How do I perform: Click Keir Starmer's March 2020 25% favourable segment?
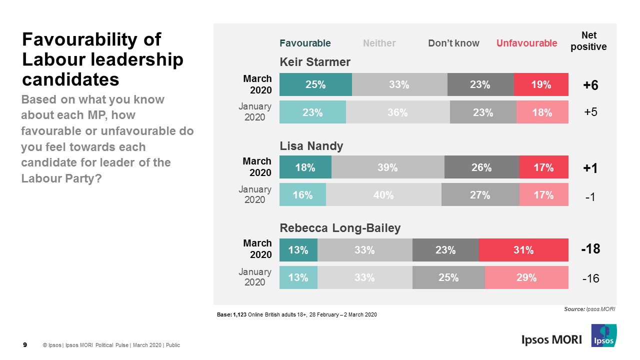[315, 84]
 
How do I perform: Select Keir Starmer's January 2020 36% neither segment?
[397, 112]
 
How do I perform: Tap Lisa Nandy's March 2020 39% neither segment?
[387, 167]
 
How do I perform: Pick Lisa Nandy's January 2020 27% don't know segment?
[480, 195]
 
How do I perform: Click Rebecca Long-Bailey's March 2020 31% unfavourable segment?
[523, 250]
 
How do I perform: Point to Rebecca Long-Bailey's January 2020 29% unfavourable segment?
[526, 277]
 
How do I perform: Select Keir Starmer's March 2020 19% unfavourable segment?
[541, 84]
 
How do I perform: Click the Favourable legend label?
[305, 43]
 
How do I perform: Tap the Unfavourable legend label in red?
[526, 43]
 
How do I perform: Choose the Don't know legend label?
[453, 43]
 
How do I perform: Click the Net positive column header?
[588, 41]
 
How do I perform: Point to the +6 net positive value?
[590, 85]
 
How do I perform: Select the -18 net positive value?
[590, 249]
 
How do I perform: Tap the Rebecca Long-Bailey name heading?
[340, 228]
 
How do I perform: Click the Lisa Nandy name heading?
[311, 146]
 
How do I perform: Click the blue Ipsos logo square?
[604, 335]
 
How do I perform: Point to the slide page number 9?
[25, 345]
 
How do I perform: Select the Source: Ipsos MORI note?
[589, 309]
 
